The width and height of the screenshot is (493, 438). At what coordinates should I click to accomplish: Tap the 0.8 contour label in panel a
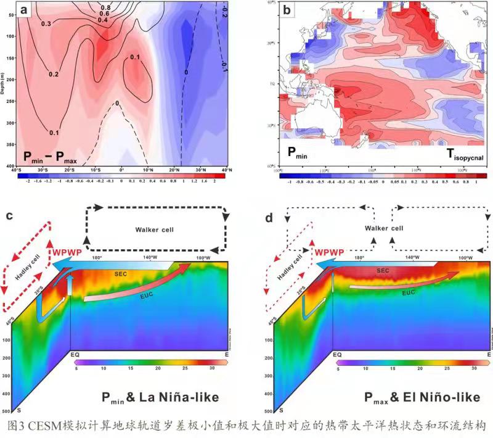click(106, 7)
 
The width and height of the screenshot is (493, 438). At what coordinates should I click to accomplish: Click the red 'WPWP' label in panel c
click(67, 254)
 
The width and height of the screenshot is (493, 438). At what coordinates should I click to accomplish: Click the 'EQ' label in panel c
click(73, 355)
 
